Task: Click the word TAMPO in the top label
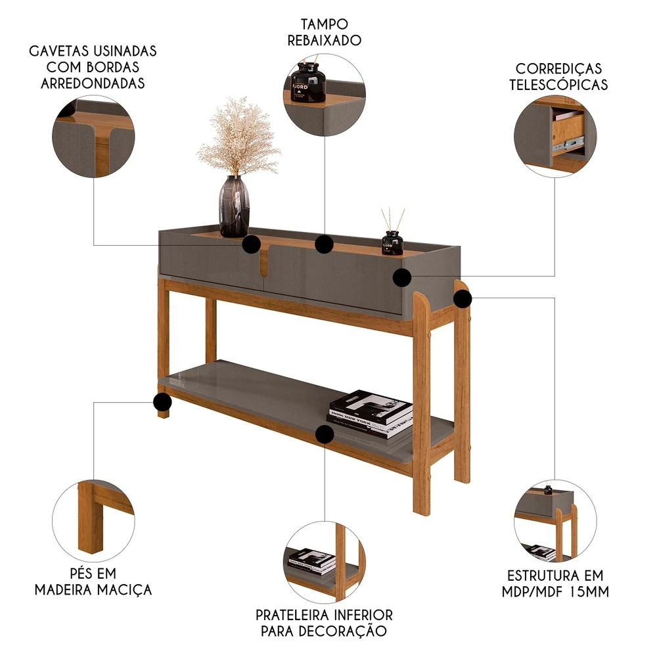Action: [x=325, y=24]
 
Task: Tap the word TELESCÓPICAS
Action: [x=558, y=85]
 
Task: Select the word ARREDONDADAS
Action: [x=93, y=83]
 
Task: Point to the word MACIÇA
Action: [x=125, y=589]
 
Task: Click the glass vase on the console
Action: [x=235, y=206]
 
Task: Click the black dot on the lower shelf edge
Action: [x=325, y=434]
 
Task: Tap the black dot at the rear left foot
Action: [x=162, y=402]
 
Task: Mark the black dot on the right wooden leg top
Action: [x=462, y=299]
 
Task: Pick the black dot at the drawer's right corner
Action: [x=402, y=277]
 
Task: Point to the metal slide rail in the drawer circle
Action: [x=568, y=143]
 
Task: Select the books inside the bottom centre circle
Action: [x=311, y=560]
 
